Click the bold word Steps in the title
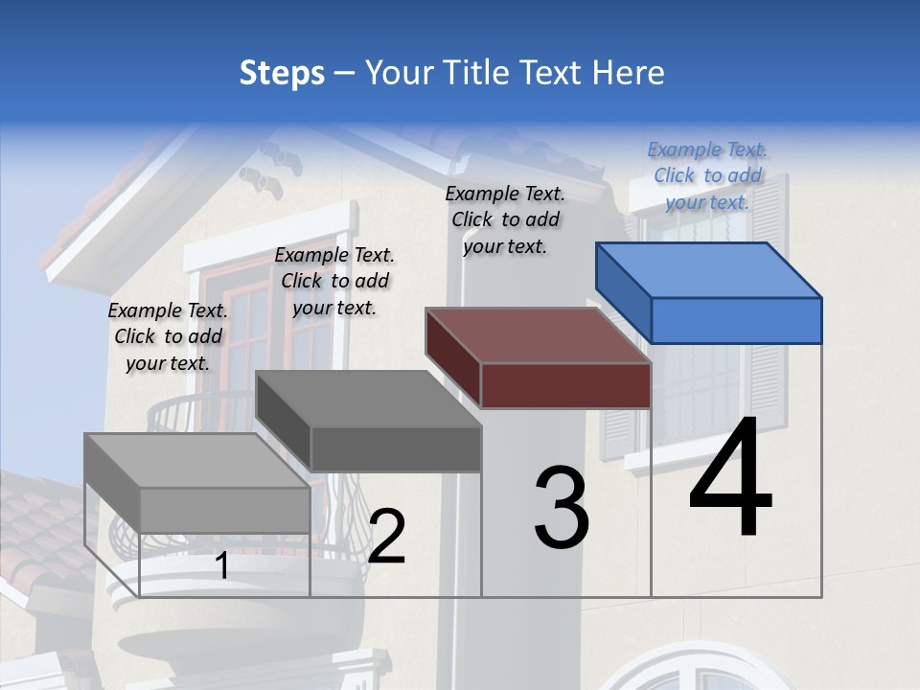click(282, 73)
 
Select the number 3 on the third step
click(562, 508)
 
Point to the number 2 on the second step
click(387, 537)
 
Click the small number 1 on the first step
click(222, 566)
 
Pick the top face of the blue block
click(707, 269)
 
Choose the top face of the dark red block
click(538, 335)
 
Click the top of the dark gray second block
click(368, 399)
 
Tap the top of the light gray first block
click(196, 460)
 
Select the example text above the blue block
click(707, 175)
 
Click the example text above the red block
click(505, 219)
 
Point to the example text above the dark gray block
click(334, 281)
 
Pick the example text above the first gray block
click(168, 336)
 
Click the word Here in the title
click(628, 73)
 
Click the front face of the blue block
click(736, 320)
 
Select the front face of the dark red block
click(565, 385)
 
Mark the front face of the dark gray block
click(396, 448)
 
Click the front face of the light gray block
click(225, 510)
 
